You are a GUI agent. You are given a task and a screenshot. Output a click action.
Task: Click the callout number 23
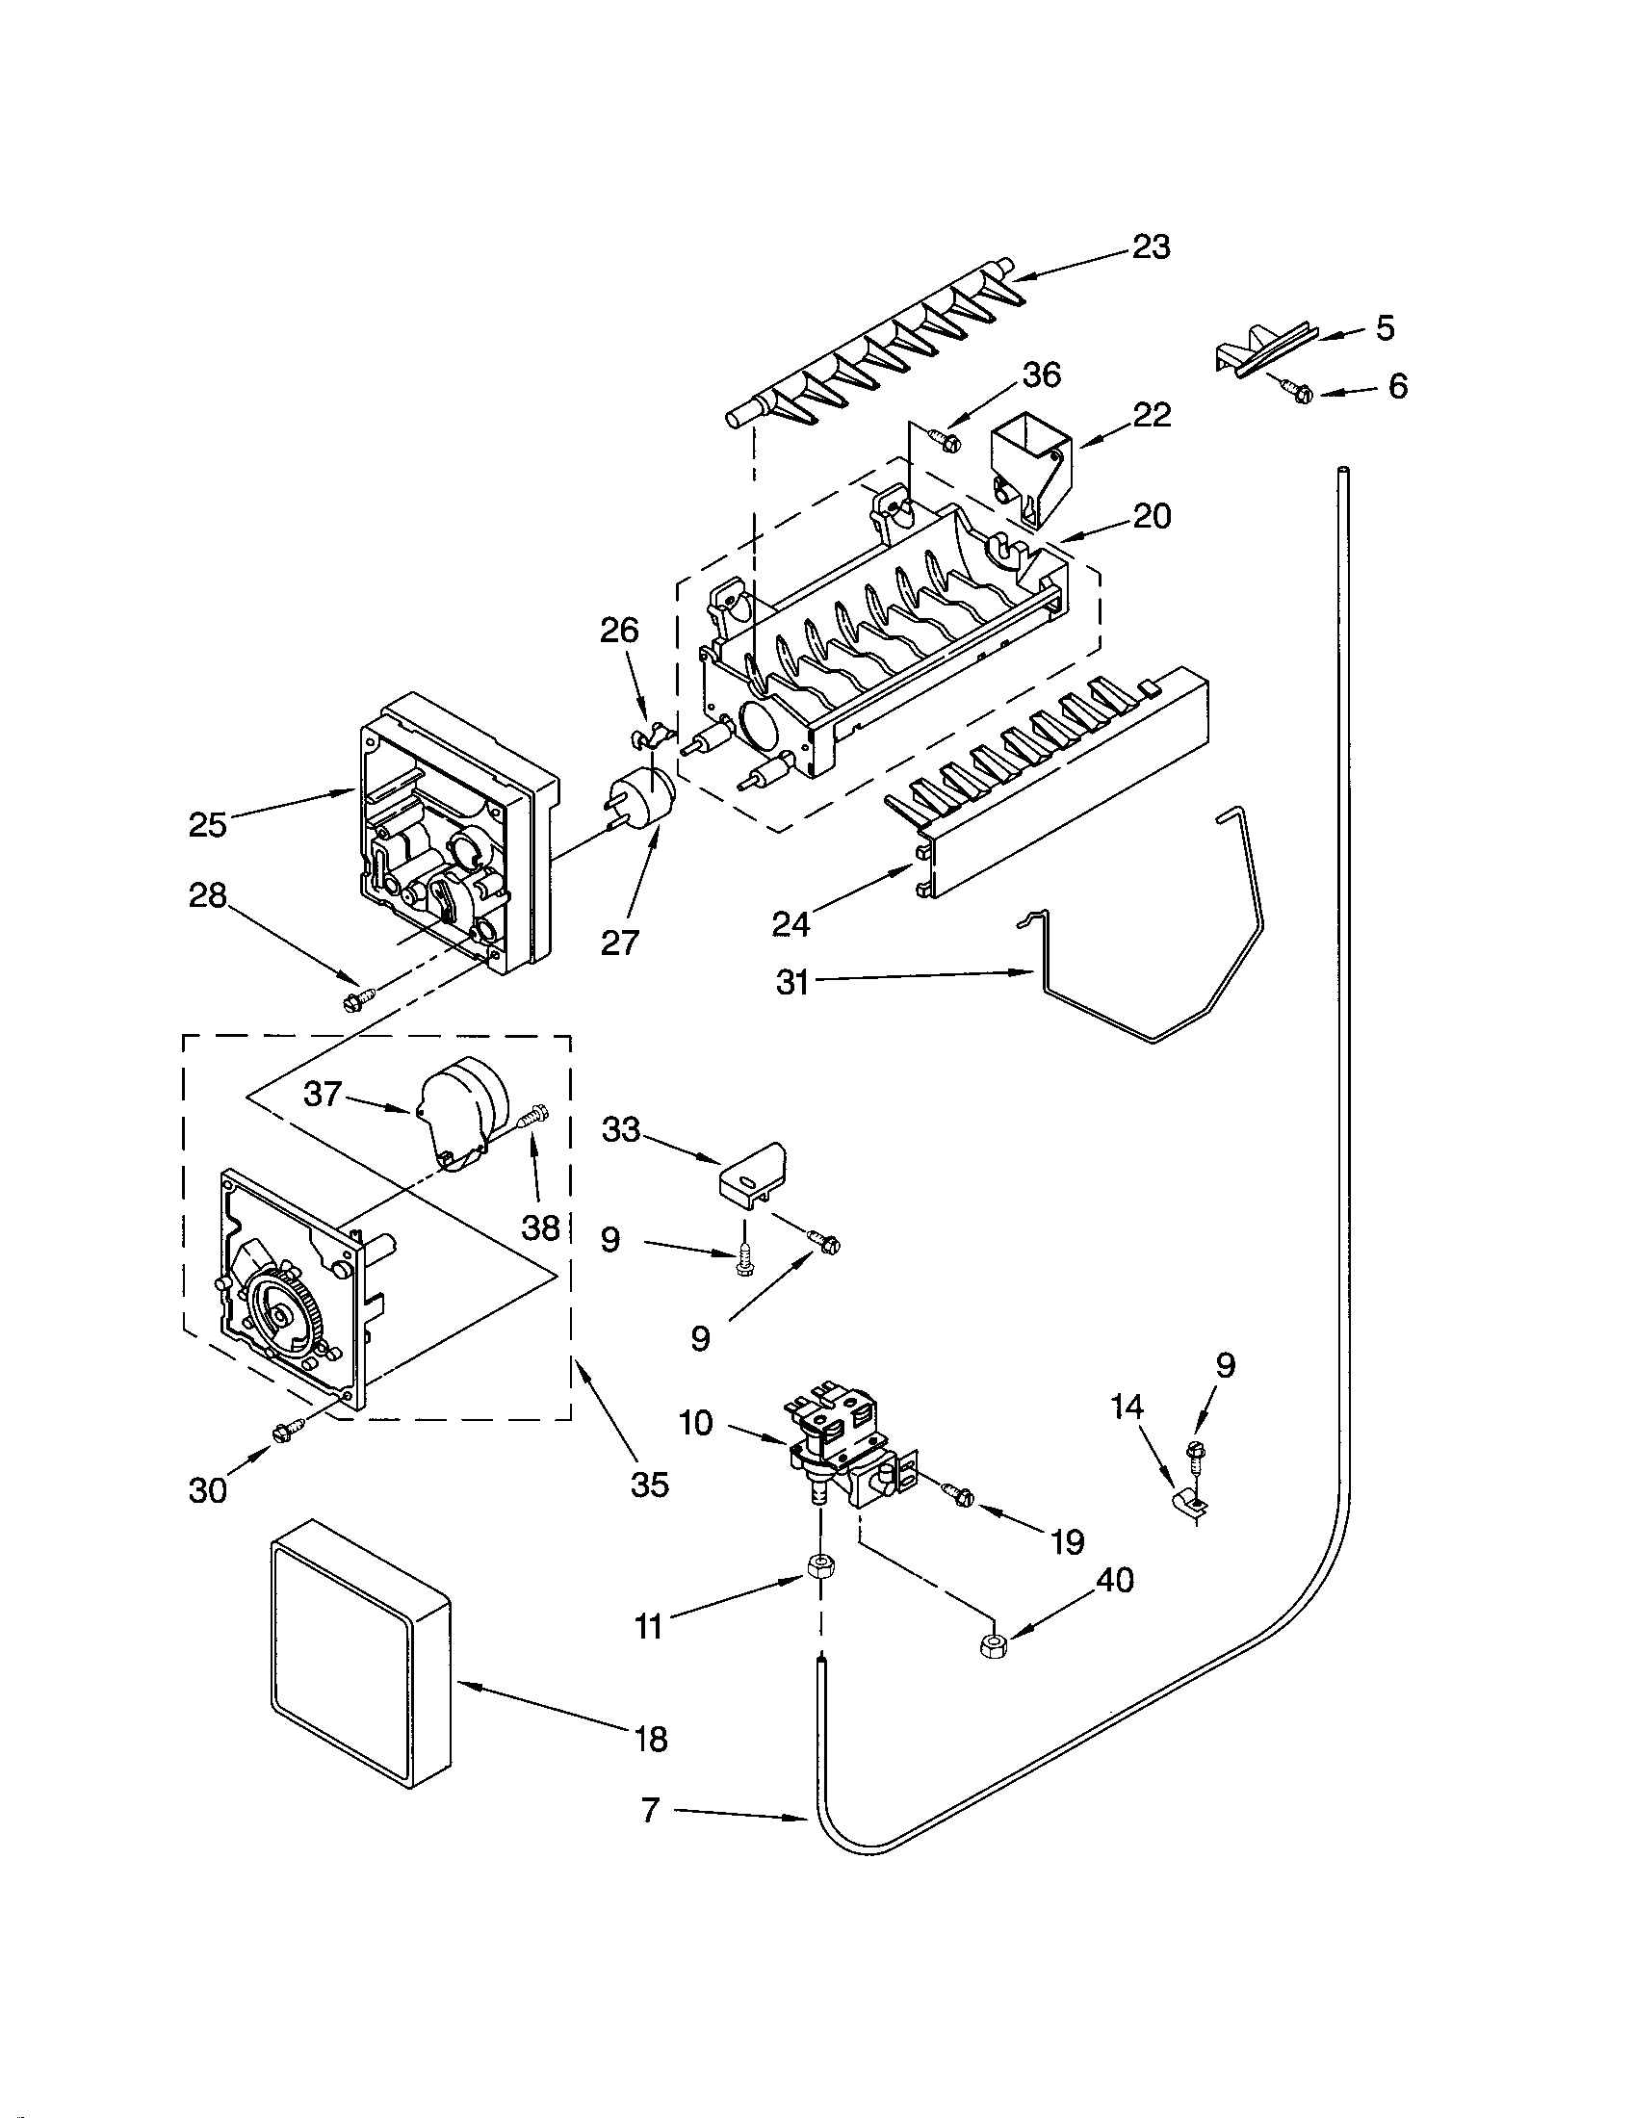coord(1151,247)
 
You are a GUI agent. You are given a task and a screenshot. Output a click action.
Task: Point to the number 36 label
coord(1042,375)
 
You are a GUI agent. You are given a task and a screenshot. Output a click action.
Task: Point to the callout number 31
coord(792,982)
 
